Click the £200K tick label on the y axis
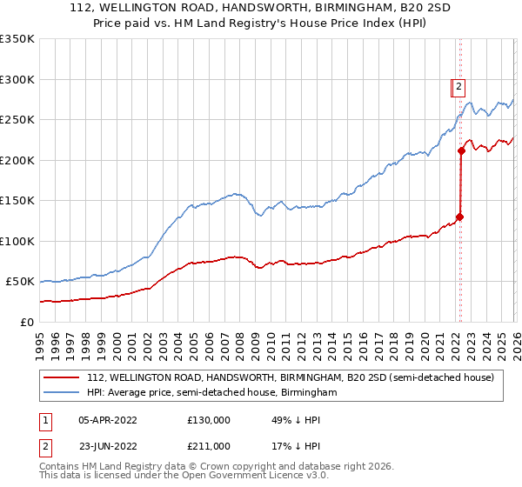point(17,160)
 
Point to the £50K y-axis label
point(20,282)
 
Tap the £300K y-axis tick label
point(17,79)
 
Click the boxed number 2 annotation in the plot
point(459,86)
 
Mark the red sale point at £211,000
point(461,151)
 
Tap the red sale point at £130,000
point(459,217)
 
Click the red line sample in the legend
point(61,377)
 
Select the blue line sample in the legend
point(61,393)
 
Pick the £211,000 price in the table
point(209,445)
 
